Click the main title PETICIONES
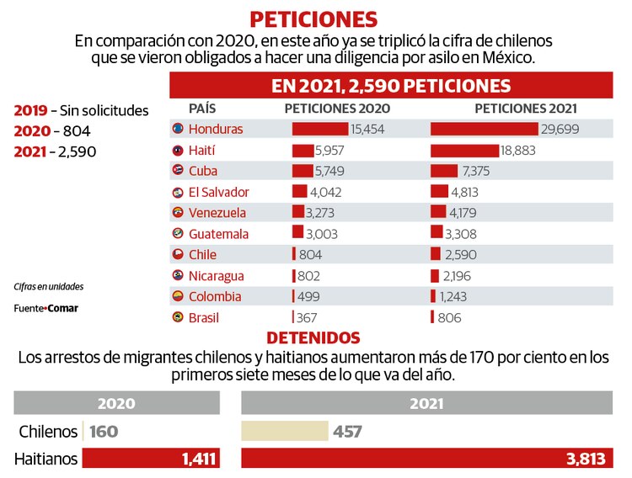click(314, 19)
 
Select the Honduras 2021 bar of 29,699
click(484, 129)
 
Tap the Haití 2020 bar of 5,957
click(303, 151)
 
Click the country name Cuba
click(202, 171)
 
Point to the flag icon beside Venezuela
click(177, 212)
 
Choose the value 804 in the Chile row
click(310, 254)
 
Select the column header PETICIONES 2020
click(337, 109)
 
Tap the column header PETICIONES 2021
click(527, 109)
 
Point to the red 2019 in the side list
click(29, 110)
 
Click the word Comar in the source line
click(63, 308)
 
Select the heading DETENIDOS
click(314, 338)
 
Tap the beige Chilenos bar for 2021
click(284, 432)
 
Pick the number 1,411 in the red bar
click(199, 459)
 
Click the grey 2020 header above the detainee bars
click(116, 403)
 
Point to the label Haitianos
click(46, 459)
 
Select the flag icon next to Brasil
click(177, 316)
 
